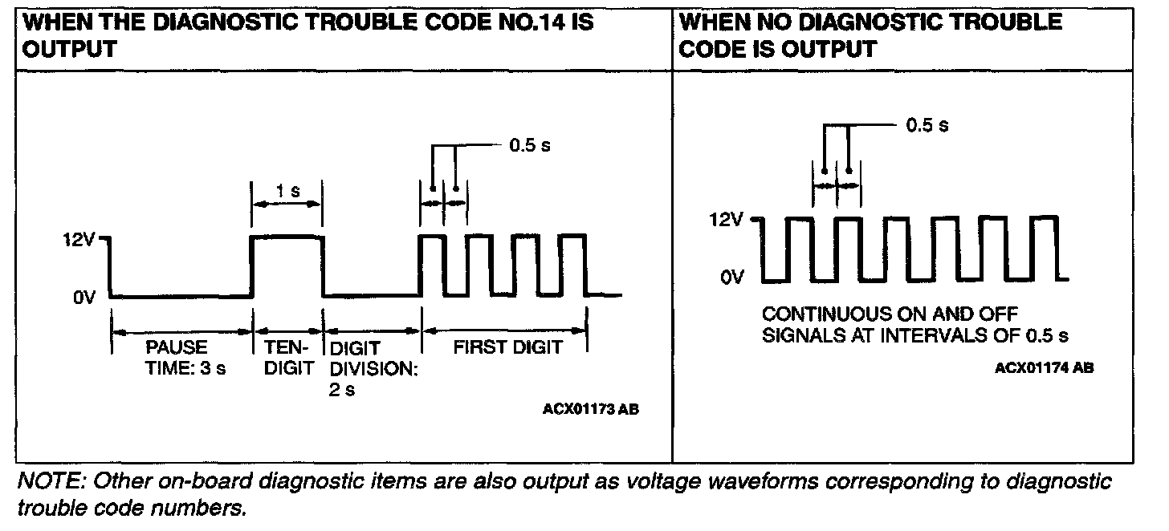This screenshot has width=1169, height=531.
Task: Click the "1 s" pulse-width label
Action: pyautogui.click(x=287, y=193)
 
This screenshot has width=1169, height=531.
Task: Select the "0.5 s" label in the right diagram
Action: pyautogui.click(x=927, y=125)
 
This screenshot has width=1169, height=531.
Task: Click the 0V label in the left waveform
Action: pyautogui.click(x=84, y=298)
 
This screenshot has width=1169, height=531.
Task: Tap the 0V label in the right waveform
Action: pyautogui.click(x=732, y=278)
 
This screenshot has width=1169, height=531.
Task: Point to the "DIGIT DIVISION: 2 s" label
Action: pyautogui.click(x=368, y=369)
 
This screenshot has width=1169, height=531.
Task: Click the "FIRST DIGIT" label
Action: pyautogui.click(x=508, y=347)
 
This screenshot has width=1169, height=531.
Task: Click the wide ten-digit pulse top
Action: pyautogui.click(x=287, y=236)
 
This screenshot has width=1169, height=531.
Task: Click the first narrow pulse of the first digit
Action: pyautogui.click(x=432, y=237)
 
